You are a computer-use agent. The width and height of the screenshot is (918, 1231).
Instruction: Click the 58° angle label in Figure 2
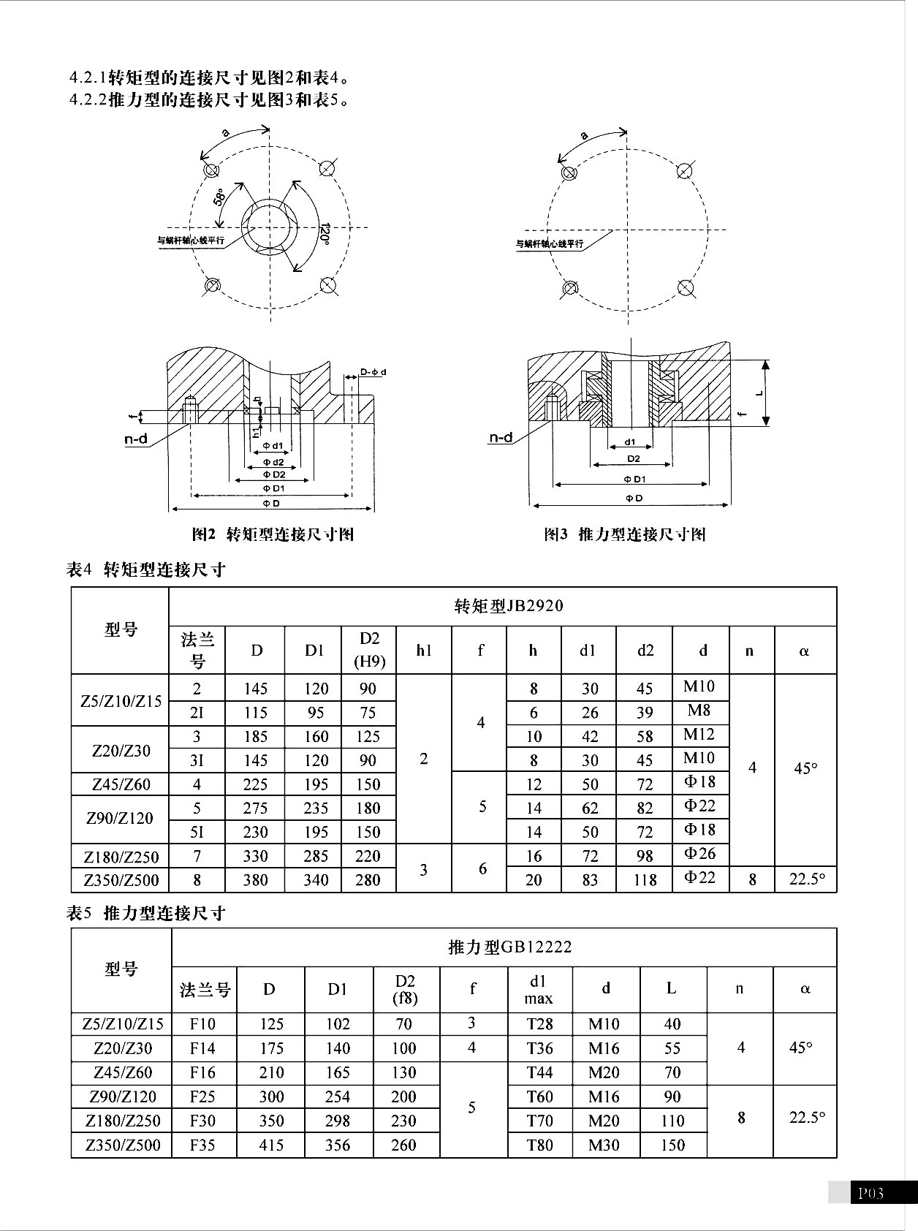[219, 197]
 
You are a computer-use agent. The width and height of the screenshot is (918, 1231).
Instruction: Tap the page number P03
[870, 1193]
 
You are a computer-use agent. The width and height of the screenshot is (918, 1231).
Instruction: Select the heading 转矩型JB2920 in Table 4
[509, 606]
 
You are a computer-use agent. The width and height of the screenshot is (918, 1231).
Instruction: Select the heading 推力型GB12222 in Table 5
[509, 947]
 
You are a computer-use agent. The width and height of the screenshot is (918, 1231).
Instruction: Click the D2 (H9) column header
[369, 650]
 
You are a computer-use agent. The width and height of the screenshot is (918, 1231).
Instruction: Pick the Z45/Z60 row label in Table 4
[121, 784]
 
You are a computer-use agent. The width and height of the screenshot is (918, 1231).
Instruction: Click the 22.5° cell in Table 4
[807, 879]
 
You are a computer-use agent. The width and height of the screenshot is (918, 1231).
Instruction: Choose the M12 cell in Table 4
[699, 735]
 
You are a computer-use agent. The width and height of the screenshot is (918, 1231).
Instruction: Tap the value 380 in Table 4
[256, 880]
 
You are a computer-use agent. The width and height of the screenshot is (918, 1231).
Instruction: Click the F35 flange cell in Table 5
[202, 1145]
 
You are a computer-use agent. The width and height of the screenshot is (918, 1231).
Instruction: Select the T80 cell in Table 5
[539, 1145]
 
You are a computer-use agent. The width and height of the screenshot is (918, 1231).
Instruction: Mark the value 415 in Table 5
[271, 1145]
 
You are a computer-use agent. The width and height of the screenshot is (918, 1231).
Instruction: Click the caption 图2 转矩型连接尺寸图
[273, 534]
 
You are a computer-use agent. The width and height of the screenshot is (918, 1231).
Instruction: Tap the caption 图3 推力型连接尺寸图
[625, 534]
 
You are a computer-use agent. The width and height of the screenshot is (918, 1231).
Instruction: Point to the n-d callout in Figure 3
[501, 437]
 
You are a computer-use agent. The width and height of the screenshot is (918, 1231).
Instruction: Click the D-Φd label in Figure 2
[373, 372]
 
